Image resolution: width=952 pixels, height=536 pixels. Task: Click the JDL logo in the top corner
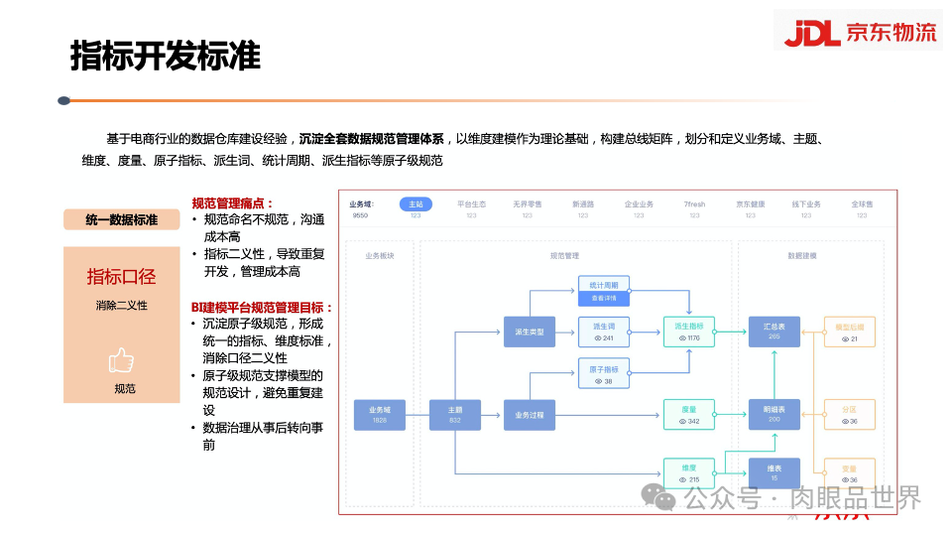858,32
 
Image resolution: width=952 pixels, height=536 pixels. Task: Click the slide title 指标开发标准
166,56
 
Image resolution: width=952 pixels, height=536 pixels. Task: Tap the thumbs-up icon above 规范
122,360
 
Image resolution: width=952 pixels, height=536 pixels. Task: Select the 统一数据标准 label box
122,219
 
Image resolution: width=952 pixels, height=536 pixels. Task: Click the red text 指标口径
122,276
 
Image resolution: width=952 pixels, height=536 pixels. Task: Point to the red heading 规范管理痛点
233,202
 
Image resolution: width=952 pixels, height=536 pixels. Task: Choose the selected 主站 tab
416,204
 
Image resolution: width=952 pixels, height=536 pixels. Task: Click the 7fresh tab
694,204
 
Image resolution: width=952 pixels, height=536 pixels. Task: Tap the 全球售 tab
861,204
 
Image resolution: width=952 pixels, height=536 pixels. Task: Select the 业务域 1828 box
380,414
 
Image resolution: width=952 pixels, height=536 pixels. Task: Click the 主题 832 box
455,414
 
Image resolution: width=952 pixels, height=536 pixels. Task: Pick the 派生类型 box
530,332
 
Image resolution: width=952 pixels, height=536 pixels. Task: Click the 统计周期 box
604,290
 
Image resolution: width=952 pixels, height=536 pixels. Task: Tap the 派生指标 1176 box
688,332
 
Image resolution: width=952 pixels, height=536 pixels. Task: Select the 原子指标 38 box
604,373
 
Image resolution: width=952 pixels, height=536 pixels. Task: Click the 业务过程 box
530,414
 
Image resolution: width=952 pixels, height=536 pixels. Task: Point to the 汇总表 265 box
773,332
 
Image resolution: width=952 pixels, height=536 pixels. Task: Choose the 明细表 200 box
773,414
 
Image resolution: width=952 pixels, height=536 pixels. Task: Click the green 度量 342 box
688,414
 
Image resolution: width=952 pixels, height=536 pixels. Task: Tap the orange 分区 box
848,414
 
